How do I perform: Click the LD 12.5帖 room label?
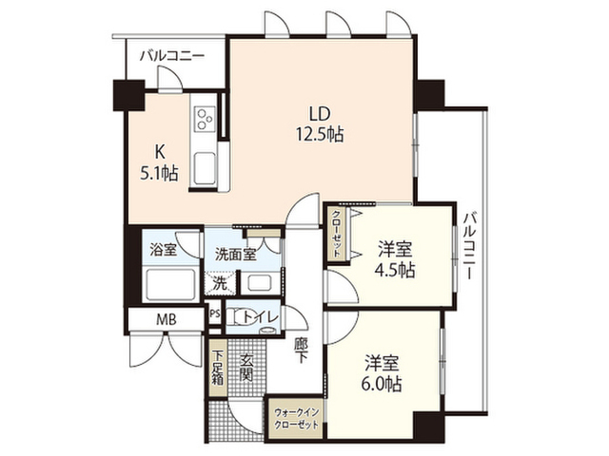[320, 124]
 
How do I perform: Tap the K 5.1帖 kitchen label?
[159, 162]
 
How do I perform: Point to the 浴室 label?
[164, 250]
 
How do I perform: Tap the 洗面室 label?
[235, 255]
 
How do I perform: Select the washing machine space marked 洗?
[220, 284]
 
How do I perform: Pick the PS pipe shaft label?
[214, 313]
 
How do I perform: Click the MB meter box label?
[167, 320]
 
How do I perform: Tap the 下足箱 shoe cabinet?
[218, 368]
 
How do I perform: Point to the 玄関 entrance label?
[246, 368]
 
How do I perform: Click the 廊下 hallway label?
[301, 351]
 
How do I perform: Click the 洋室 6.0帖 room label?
[383, 373]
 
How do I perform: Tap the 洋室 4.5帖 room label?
[395, 258]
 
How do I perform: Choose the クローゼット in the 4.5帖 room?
[337, 234]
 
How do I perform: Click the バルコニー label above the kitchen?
[172, 56]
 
